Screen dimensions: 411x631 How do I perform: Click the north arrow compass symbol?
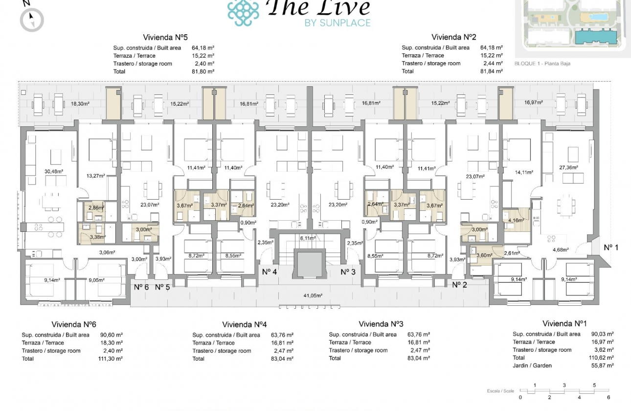tap(32, 20)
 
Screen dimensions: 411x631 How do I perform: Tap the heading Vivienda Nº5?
tap(165, 37)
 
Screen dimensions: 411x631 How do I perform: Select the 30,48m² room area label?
tap(54, 171)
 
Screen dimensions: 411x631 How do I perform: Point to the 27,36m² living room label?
tap(567, 167)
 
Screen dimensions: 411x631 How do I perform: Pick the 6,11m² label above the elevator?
tap(308, 238)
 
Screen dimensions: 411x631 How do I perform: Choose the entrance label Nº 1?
tap(610, 247)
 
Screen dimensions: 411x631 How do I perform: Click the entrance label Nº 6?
tap(142, 287)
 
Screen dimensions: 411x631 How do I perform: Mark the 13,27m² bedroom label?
tap(96, 176)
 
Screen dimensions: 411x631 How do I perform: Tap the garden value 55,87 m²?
tap(602, 365)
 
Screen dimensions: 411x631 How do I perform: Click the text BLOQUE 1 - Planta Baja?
tap(542, 64)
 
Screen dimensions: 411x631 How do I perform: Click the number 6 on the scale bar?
tap(608, 397)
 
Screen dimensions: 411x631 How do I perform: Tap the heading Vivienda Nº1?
tap(564, 323)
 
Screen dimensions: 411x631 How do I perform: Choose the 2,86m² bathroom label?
tap(96, 208)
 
